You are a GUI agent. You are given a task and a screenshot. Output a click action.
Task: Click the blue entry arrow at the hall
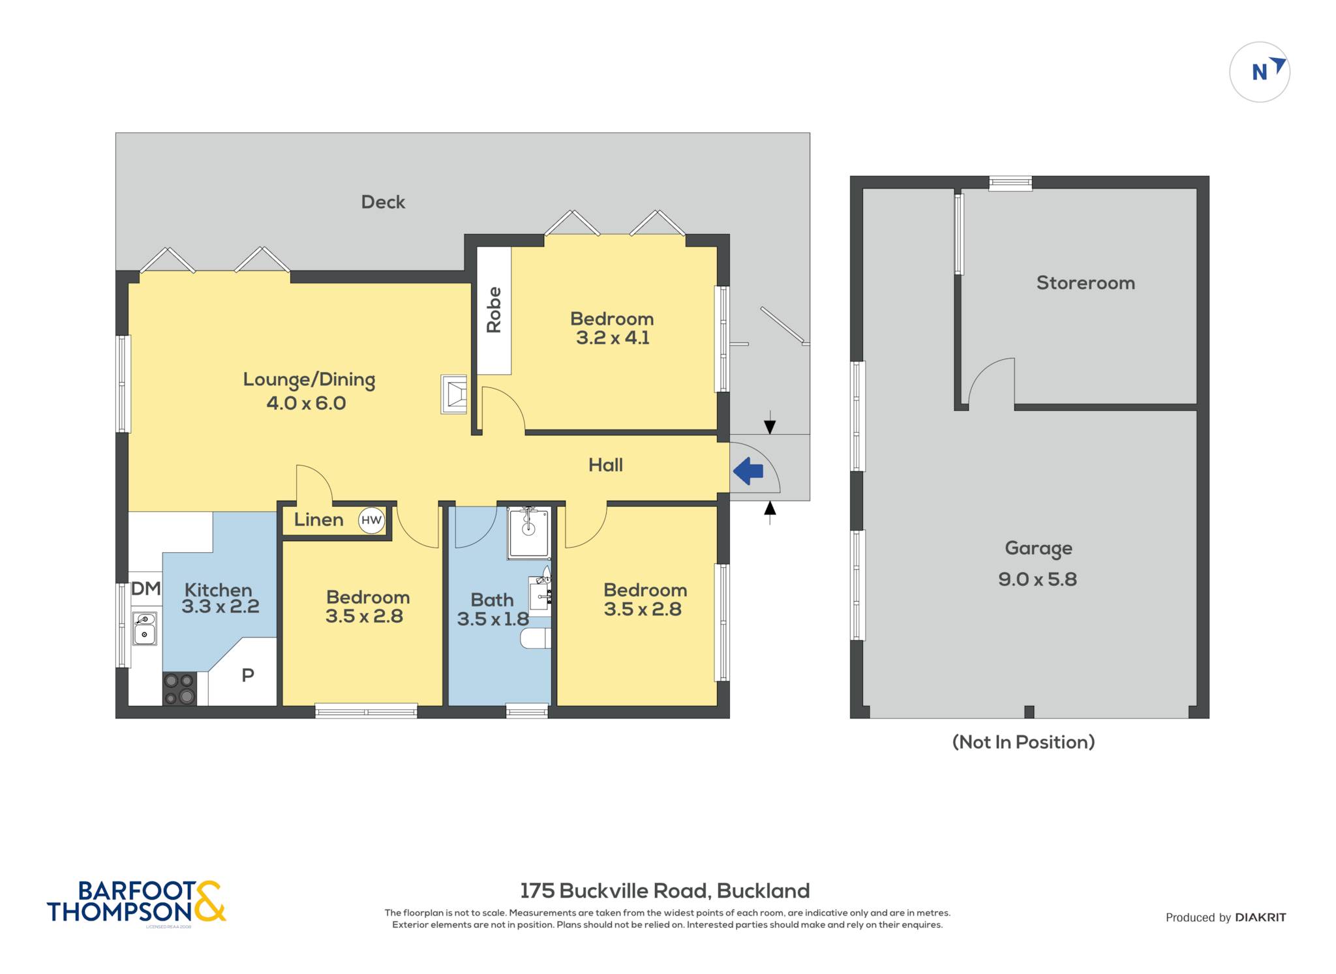coord(748,471)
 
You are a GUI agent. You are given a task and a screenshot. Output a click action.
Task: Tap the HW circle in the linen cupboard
coord(371,520)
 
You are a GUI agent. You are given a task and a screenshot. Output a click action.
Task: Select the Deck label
coord(383,202)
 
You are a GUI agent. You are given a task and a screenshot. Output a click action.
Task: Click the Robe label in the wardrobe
coord(494,310)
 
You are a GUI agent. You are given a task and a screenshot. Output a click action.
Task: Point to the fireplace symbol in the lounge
coord(454,394)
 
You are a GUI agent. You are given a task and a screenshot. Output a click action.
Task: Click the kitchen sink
coord(144,628)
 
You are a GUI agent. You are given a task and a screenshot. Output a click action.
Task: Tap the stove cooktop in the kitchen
coord(179,688)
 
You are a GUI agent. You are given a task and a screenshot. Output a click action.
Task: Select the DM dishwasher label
coord(146,589)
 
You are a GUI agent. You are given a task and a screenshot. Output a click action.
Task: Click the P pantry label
coord(248,675)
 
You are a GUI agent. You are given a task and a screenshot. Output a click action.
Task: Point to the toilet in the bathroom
coord(536,638)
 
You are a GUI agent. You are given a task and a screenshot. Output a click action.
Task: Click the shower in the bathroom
coord(528,533)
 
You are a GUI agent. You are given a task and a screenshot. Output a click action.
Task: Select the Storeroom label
coord(1085,283)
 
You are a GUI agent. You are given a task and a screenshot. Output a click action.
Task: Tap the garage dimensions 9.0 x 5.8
coord(1037,579)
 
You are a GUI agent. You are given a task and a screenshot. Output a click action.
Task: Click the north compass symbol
coord(1260,72)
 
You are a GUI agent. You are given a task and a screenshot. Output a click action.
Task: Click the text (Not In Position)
coord(1024,742)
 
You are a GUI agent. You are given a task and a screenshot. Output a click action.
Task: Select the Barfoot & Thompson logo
coord(136,902)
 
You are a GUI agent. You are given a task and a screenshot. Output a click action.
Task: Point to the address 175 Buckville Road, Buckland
coord(665,891)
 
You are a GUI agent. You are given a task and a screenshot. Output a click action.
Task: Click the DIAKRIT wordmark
coord(1260,917)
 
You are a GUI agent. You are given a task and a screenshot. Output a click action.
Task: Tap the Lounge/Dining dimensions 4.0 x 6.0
coord(306,403)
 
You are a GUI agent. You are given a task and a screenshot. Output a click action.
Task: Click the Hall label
coord(605,465)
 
